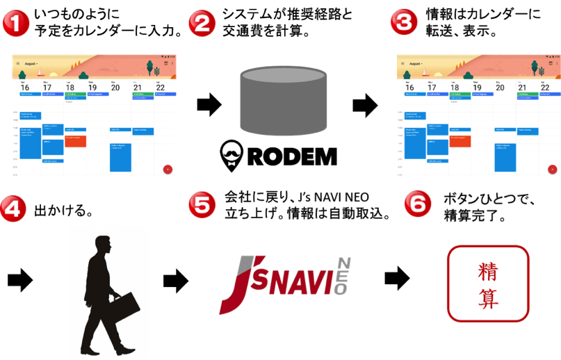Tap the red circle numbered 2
tap(203, 23)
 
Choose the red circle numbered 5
tap(203, 206)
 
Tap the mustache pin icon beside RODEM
tap(231, 154)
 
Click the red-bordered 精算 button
tap(488, 282)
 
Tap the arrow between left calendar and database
tap(208, 106)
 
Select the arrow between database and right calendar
tap(364, 106)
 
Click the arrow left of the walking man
tap(19, 281)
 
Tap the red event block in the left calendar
tap(76, 140)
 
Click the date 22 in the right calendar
tap(546, 88)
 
